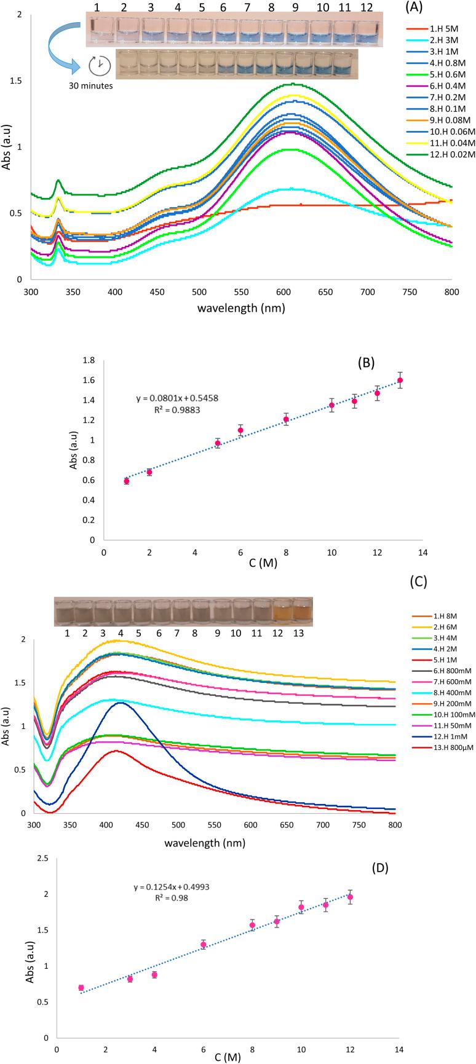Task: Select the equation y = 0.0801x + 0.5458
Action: [177, 398]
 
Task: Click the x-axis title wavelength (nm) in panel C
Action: [205, 842]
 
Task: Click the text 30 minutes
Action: [90, 86]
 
